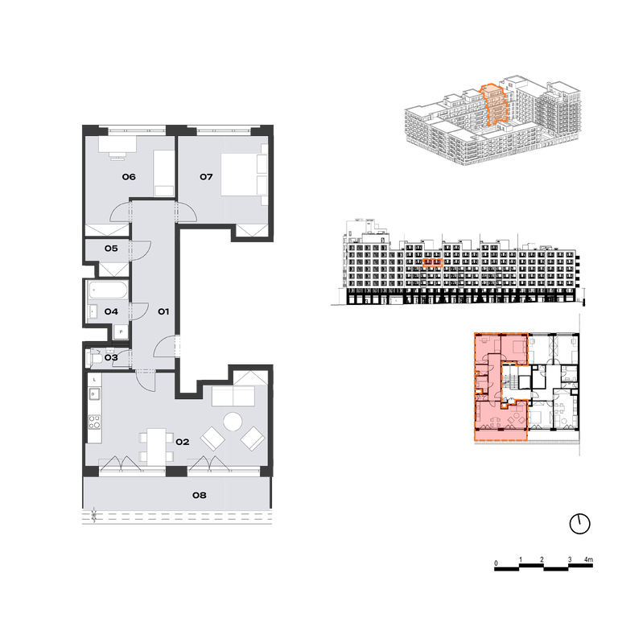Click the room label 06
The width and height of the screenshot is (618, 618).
pyautogui.click(x=129, y=176)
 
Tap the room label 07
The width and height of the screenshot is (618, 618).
pyautogui.click(x=206, y=176)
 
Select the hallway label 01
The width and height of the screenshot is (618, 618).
pyautogui.click(x=163, y=311)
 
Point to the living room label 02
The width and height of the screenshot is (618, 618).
pyautogui.click(x=183, y=442)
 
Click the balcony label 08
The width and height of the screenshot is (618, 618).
pyautogui.click(x=200, y=495)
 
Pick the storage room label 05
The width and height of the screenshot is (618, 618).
pyautogui.click(x=111, y=249)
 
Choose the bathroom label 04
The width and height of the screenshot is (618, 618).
pyautogui.click(x=111, y=311)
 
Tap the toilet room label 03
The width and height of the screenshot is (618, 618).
pyautogui.click(x=111, y=357)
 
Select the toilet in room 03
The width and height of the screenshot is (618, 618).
pyautogui.click(x=95, y=358)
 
